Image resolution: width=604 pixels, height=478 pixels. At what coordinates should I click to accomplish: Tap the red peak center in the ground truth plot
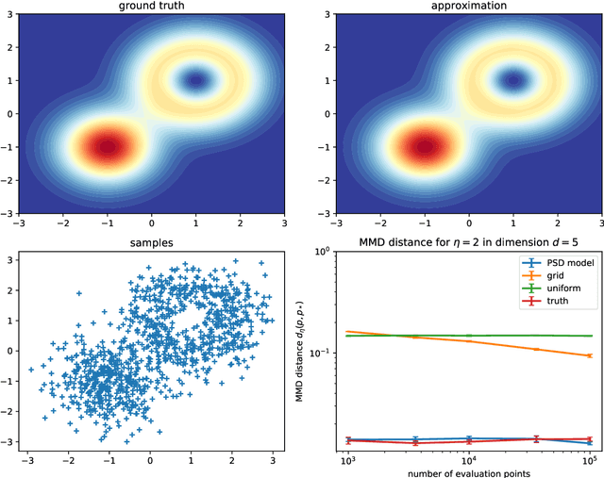(107, 146)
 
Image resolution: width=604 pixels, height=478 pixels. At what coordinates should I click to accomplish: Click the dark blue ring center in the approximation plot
(514, 80)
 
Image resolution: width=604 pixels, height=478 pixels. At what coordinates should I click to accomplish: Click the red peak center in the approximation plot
(424, 146)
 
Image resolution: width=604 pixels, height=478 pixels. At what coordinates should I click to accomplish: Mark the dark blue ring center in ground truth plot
(197, 80)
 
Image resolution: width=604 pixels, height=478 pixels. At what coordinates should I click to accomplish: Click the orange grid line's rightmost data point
(589, 355)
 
